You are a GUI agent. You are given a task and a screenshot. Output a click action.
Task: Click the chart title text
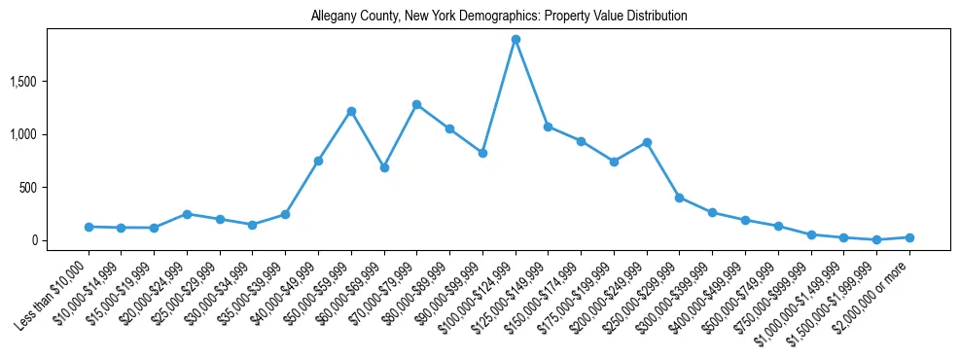499,17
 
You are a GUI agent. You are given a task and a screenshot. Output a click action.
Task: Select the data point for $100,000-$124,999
516,40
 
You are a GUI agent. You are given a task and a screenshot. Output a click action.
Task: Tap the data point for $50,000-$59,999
351,111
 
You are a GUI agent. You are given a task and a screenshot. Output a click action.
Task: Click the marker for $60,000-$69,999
384,167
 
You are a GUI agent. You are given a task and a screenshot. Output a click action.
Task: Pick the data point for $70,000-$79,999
416,104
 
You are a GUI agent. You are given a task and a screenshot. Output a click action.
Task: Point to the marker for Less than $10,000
89,227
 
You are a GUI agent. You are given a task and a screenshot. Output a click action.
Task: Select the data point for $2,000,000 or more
909,237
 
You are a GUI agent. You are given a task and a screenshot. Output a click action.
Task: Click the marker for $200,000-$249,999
647,142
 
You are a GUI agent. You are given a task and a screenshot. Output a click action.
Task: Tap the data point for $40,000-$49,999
318,161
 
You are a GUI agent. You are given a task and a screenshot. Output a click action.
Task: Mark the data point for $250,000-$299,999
680,198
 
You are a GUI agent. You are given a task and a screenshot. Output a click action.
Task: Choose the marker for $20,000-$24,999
187,214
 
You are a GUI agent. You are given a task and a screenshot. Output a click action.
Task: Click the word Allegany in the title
333,17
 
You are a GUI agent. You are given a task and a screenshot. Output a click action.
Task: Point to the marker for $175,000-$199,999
614,162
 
